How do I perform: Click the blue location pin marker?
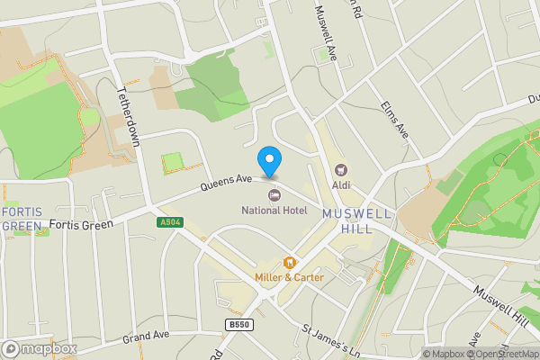[268, 161]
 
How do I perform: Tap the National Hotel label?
[274, 210]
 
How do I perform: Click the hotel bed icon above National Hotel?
[274, 194]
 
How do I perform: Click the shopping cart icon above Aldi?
[340, 169]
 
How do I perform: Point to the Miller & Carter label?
[289, 277]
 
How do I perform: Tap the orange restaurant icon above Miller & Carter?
[289, 263]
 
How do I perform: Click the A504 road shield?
[169, 221]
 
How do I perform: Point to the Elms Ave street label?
[395, 119]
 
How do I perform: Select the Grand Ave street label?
[146, 337]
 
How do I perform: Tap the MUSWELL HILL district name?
[357, 220]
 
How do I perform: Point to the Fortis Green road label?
[82, 223]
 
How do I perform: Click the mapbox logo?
[40, 348]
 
